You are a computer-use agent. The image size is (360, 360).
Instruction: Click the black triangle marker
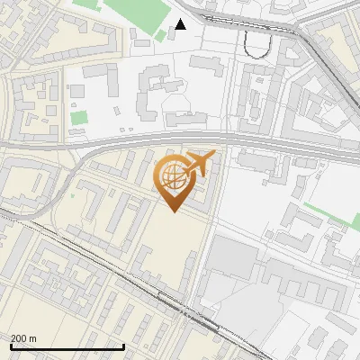point(181,24)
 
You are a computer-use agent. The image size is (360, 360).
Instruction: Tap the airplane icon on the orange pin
point(197,164)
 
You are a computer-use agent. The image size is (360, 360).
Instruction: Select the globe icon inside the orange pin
point(172,176)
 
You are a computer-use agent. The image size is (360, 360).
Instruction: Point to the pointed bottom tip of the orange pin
point(172,211)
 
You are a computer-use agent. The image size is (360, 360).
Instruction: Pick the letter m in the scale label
point(33,338)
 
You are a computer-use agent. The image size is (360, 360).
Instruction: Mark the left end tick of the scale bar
point(11,346)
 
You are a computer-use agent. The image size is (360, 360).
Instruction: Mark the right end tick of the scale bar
point(123,346)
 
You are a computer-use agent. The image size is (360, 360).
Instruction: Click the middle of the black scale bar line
point(67,347)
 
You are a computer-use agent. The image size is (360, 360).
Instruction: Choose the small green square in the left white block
point(79,117)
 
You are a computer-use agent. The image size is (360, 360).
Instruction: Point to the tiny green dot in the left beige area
point(71,195)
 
